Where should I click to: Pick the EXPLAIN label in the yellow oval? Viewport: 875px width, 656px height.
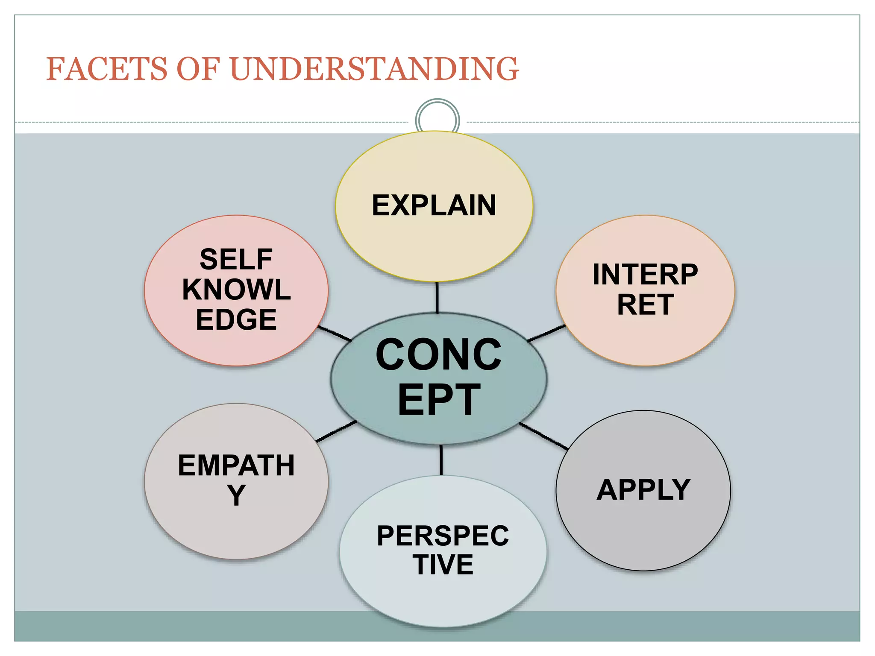click(434, 205)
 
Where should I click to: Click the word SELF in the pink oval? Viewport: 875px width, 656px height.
click(236, 259)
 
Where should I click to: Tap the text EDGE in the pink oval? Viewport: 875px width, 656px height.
click(236, 319)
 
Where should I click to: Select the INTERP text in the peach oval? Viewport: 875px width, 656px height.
click(645, 274)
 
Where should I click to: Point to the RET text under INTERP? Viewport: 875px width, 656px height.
click(645, 305)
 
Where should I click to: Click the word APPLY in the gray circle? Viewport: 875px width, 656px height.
click(643, 489)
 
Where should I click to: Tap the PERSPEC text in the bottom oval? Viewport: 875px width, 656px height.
click(443, 536)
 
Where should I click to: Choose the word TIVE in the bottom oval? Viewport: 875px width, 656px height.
click(443, 565)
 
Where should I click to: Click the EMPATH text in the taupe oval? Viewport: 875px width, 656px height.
click(236, 465)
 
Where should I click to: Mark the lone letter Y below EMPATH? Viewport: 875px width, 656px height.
click(236, 495)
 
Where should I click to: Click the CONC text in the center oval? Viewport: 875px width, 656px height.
click(438, 354)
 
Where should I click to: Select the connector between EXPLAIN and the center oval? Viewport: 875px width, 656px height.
click(437, 297)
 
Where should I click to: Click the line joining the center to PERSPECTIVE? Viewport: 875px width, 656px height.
click(441, 460)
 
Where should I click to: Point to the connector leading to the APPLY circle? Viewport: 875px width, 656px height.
click(543, 436)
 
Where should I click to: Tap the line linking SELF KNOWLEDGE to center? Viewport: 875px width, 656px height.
click(335, 334)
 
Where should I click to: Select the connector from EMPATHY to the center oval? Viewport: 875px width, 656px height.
click(336, 432)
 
